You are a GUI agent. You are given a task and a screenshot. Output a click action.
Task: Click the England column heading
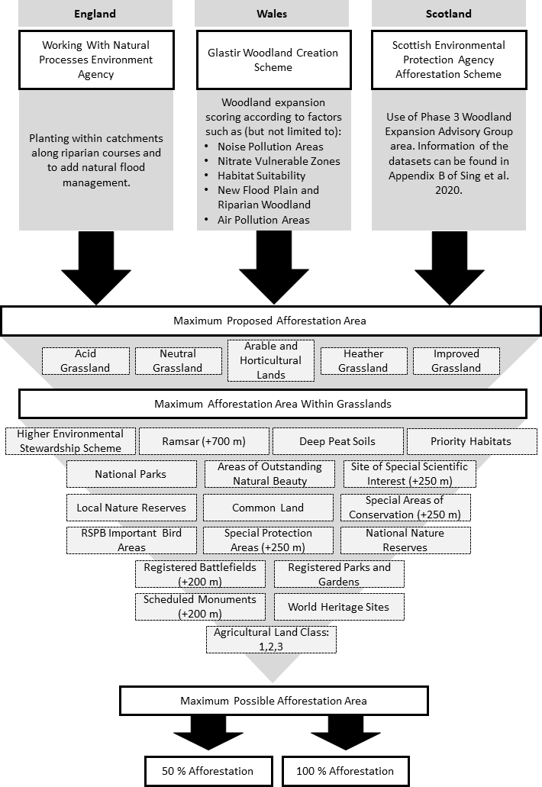coord(95,14)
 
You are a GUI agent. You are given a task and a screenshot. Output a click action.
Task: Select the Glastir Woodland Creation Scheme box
coord(273,60)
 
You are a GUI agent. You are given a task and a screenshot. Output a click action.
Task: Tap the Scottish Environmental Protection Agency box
coord(448,60)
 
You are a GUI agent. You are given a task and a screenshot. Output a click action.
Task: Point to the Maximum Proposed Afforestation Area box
coord(269,321)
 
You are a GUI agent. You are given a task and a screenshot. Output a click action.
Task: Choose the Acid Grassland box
coord(85,361)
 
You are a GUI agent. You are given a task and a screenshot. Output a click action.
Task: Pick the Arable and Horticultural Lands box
coord(272,360)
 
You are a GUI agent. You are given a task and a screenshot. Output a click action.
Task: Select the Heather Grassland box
coord(363,361)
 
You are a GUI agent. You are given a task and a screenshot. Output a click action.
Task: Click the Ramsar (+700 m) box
coord(204,441)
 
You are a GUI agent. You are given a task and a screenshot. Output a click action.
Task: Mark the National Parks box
coord(131,474)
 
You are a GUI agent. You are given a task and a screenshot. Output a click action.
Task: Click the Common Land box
coord(269,508)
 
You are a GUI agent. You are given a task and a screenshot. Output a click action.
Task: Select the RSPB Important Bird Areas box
coord(131,540)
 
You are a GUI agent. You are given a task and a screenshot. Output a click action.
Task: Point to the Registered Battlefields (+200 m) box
coord(200,574)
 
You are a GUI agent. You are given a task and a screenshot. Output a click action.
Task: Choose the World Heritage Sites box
coord(339,608)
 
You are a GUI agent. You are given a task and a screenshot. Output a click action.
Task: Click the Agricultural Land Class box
coord(271,640)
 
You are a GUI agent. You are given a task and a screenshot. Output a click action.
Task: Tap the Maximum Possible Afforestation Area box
coord(273,701)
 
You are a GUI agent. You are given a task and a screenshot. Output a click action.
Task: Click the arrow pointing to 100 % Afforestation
coord(344,734)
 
